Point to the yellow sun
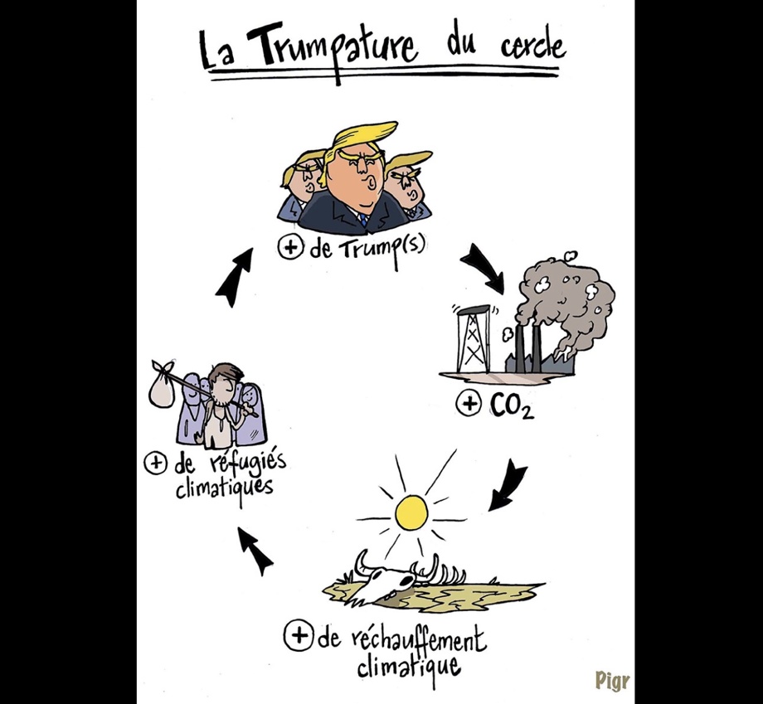coord(411,512)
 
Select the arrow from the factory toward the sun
coord(507,485)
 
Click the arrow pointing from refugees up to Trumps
coord(234,277)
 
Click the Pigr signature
coord(612,680)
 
